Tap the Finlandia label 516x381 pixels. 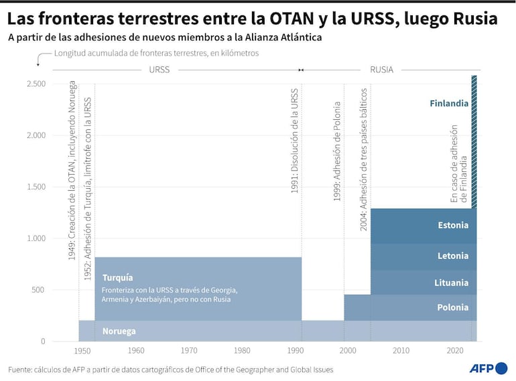point(448,103)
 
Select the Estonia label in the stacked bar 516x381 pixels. point(453,225)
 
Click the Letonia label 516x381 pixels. point(453,256)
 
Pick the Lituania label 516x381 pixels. point(451,283)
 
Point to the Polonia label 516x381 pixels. point(452,308)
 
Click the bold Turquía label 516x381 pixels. point(117,277)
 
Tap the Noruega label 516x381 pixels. point(119,331)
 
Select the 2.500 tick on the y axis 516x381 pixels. point(36,84)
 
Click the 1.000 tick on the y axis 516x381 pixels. point(36,238)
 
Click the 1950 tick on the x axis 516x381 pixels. point(82,351)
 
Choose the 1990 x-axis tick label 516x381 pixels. point(295,351)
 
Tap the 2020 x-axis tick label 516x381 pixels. point(454,351)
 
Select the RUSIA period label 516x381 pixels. point(381,69)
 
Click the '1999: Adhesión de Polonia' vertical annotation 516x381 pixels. point(338,151)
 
